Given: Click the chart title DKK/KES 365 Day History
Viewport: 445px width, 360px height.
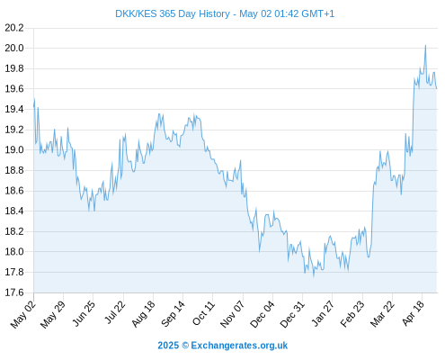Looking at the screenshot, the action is coord(173,13).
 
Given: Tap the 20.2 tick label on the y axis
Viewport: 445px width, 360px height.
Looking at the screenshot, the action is coord(14,28).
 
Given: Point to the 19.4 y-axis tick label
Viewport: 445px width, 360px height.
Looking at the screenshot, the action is coord(14,109).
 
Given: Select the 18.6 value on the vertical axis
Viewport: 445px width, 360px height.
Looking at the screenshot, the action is coord(14,191).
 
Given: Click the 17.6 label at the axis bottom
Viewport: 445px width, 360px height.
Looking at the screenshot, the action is coord(14,292).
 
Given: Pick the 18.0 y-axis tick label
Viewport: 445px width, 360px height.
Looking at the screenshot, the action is coord(14,252).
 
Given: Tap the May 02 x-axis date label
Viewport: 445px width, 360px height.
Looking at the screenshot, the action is coord(23,314).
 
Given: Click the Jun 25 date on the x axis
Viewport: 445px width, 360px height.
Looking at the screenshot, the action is coord(84,313).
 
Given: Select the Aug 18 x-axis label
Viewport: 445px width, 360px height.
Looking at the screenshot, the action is coord(143,313).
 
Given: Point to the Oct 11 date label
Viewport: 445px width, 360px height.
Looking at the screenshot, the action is coord(203,313).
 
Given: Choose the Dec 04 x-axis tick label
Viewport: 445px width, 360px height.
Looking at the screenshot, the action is coord(262,314).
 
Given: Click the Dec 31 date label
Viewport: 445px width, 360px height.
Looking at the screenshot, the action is coord(292,314).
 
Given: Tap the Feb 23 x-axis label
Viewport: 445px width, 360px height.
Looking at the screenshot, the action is coord(352,314).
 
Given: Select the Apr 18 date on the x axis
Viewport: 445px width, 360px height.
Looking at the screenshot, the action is coord(413,313).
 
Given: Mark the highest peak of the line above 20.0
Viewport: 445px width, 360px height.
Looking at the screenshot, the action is coord(425,46).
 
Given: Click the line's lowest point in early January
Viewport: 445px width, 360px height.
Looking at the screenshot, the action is coord(314,276).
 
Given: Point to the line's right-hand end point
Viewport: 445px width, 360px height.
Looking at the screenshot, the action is coord(437,88).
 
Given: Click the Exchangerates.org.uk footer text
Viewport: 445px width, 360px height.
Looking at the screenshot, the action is coord(239,346).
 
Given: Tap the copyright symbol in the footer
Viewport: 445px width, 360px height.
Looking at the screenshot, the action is coord(185,346).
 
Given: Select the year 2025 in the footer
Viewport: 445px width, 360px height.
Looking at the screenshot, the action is coord(168,346).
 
